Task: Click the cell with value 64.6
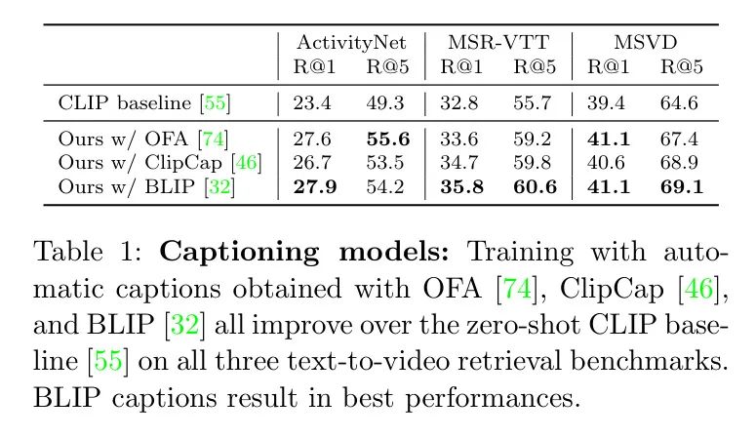click(x=679, y=100)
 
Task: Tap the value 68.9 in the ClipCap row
click(x=679, y=162)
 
